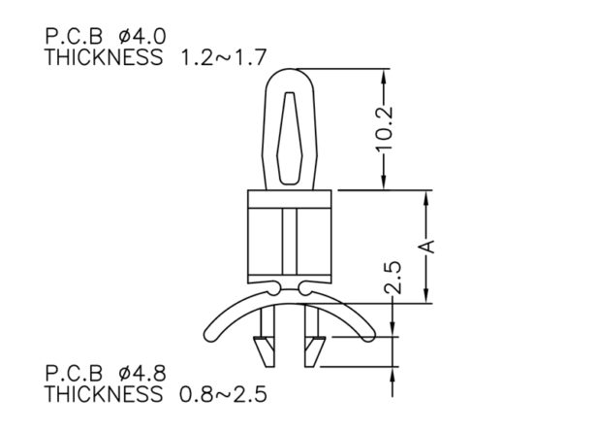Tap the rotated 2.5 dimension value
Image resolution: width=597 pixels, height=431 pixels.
(x=393, y=278)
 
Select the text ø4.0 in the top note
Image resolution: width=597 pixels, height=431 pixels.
(x=142, y=37)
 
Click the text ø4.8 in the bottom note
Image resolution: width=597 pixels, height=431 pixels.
(x=142, y=374)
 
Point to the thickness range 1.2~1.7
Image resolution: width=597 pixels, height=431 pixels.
(x=223, y=57)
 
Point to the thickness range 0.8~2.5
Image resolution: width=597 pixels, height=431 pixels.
(x=223, y=394)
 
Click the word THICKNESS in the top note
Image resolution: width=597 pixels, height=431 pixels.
(x=104, y=57)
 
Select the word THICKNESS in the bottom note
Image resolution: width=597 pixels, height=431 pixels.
(x=104, y=394)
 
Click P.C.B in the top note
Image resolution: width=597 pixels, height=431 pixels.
(x=74, y=37)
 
